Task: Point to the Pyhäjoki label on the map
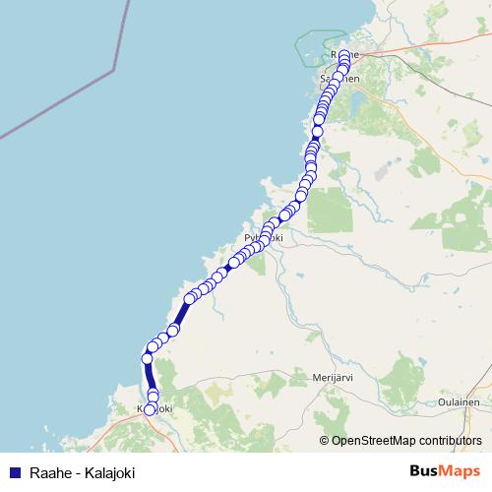click(x=262, y=238)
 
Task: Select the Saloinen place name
click(x=339, y=77)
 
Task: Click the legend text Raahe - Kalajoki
click(x=82, y=473)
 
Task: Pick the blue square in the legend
click(x=14, y=473)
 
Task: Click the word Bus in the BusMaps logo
click(x=426, y=471)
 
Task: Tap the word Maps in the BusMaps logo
click(x=461, y=471)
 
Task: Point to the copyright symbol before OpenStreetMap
click(x=325, y=440)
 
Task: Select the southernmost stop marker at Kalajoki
click(x=151, y=409)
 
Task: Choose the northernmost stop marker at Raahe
click(x=344, y=55)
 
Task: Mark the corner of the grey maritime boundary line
click(x=114, y=70)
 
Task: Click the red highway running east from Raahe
click(x=413, y=46)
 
